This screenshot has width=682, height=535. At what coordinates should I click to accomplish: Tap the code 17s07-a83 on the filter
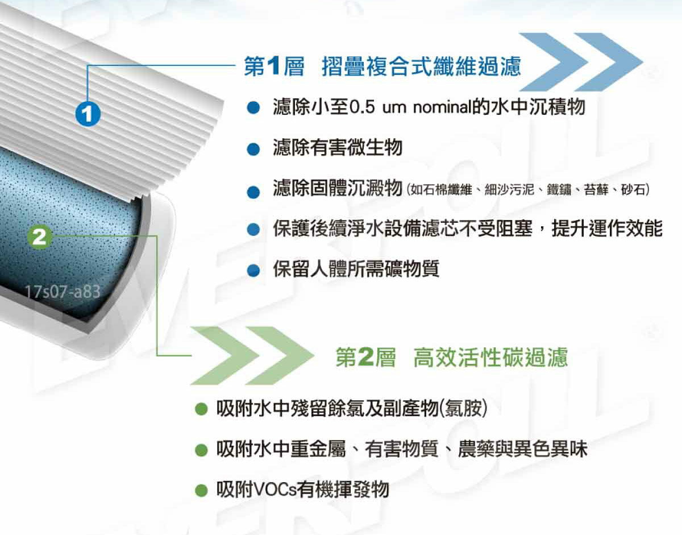coord(63,293)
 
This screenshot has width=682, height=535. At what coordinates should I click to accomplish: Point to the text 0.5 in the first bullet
coord(361,107)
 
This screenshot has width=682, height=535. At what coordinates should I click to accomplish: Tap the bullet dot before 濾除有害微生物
coord(253,149)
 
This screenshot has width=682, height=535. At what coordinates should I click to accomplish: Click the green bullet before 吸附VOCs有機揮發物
coord(199,490)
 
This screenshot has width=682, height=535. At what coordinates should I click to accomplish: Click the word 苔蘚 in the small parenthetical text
coord(596,189)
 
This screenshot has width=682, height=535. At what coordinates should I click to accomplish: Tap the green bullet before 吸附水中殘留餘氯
coord(199,409)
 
